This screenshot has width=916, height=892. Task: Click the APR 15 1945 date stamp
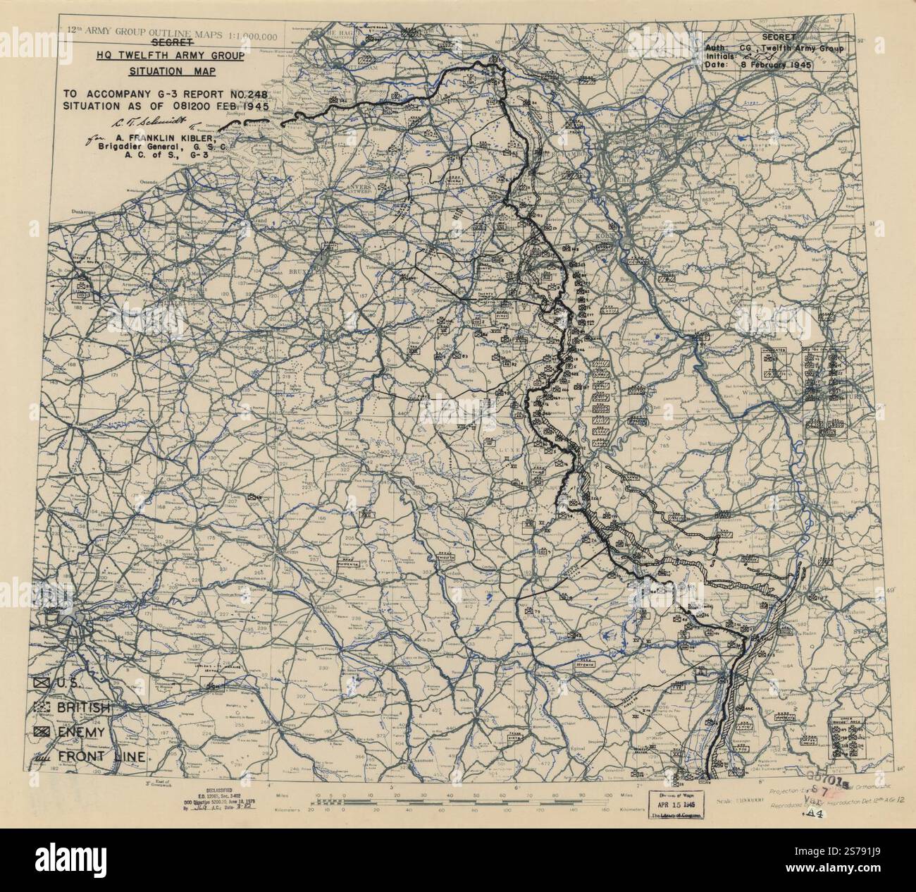(x=674, y=802)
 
